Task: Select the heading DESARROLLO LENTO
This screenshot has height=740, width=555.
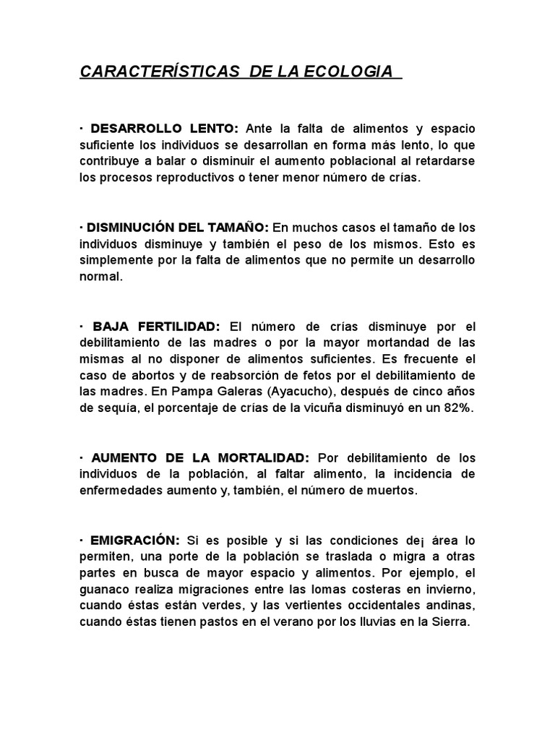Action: [x=163, y=129]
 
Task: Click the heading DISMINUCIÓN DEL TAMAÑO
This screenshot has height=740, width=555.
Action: [x=178, y=228]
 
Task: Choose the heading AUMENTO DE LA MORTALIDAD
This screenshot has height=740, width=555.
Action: [x=200, y=458]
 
